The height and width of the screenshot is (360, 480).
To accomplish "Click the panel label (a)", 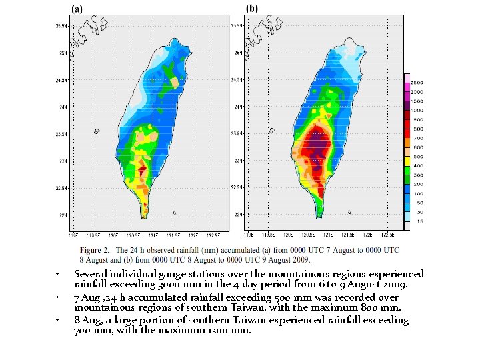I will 77,9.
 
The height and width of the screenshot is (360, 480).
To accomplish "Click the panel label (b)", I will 252,8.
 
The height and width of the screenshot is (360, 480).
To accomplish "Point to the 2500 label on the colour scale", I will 416,83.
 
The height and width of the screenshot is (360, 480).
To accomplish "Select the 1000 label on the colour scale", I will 416,110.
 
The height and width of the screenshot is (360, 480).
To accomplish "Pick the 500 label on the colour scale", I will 416,156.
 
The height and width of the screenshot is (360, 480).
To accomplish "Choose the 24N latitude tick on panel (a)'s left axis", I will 63,107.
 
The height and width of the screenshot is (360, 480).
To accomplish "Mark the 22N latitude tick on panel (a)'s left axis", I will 63,215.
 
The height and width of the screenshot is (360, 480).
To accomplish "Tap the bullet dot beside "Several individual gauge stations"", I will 59,275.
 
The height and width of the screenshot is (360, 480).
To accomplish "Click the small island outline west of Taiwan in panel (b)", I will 269,131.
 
